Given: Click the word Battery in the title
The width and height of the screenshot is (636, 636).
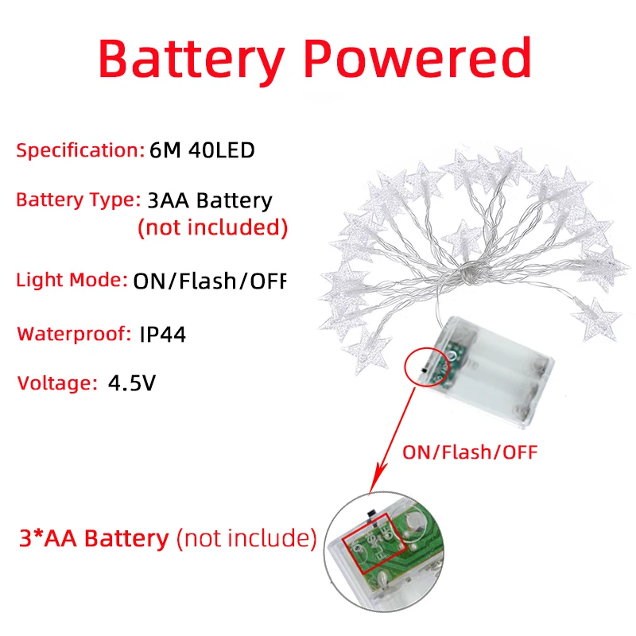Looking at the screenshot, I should tap(190, 57).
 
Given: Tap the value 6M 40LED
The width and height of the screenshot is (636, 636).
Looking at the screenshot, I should tap(202, 149).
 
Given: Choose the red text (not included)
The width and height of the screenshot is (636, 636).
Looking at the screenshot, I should tap(212, 227).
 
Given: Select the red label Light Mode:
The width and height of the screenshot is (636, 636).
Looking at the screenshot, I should tap(72, 280).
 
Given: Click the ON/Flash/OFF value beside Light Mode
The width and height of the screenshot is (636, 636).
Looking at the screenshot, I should tap(208, 280).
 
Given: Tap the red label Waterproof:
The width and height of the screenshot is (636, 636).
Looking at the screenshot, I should tap(75, 333).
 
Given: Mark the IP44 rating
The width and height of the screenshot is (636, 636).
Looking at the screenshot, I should tap(162, 334).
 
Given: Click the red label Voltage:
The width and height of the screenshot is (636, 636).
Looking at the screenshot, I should tap(56, 383).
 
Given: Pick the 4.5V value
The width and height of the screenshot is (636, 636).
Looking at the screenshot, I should tap(132, 383).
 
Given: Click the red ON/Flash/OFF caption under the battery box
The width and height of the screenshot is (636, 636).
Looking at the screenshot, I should tap(470, 452).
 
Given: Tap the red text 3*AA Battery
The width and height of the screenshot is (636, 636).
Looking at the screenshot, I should tap(94, 538).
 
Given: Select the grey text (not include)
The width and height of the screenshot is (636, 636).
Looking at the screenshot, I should tap(246, 538).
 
